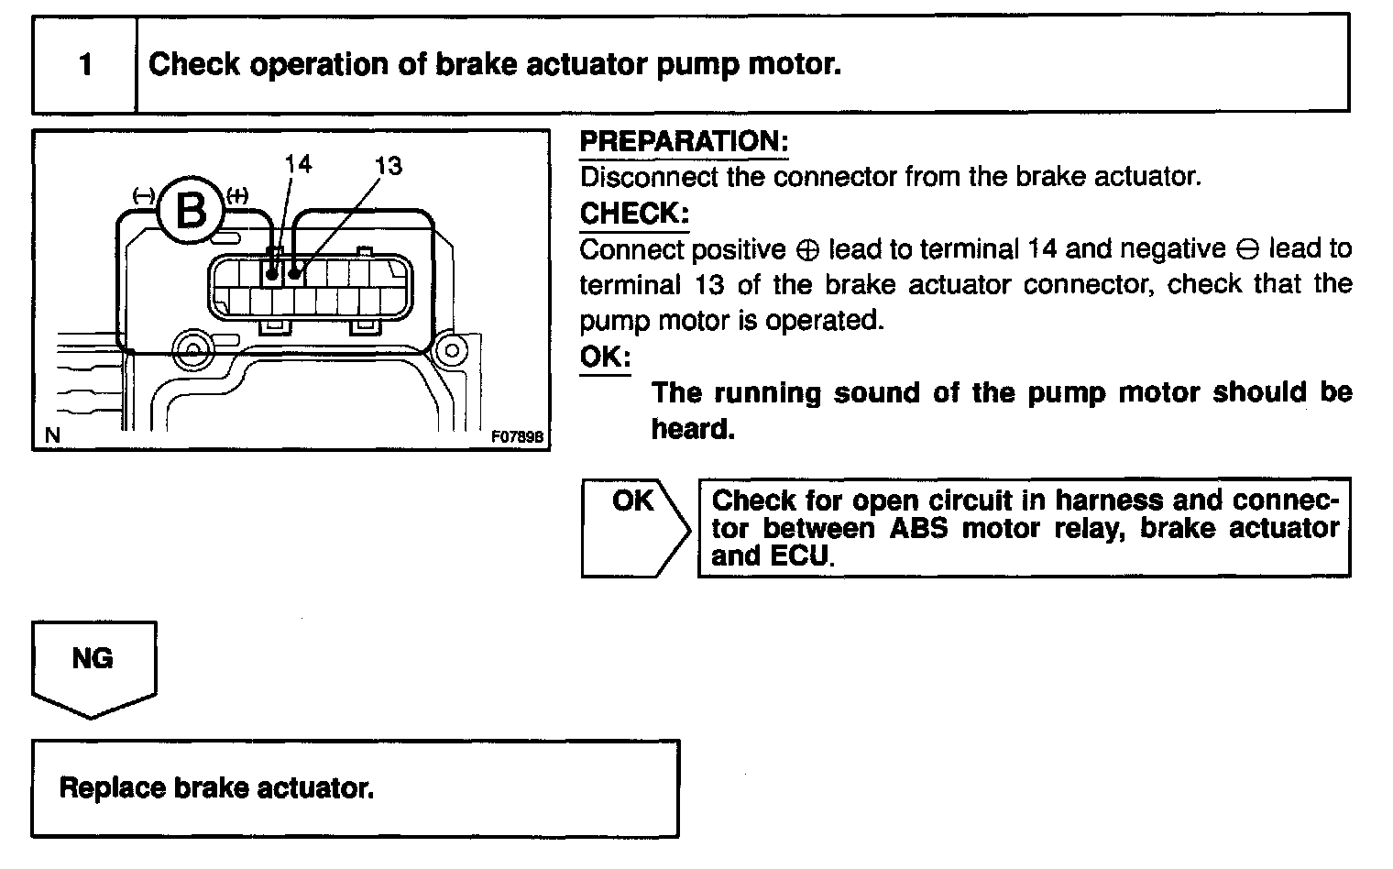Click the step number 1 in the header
(85, 65)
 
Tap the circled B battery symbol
(191, 211)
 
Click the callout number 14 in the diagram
(298, 164)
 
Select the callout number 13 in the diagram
(388, 165)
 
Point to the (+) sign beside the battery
(236, 195)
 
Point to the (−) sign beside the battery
(143, 195)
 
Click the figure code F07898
(518, 437)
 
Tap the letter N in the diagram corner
(52, 436)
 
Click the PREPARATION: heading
(684, 142)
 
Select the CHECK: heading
(633, 214)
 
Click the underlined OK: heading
(605, 357)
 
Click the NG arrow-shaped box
(93, 664)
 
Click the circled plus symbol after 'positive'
(807, 250)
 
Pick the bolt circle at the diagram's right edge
(450, 349)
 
